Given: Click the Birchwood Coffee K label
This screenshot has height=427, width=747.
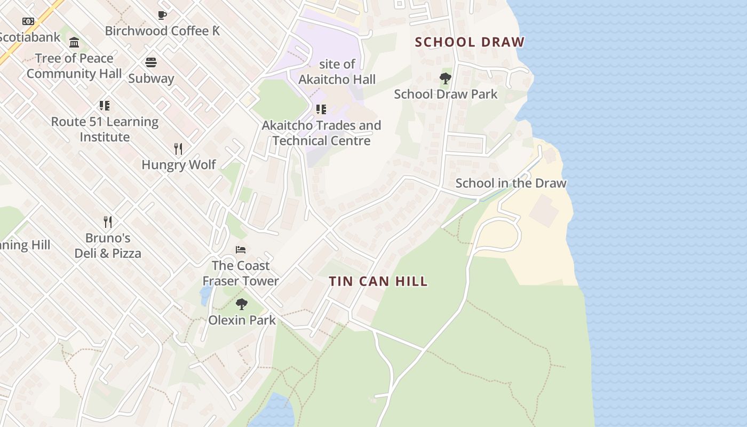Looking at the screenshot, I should point(162,31).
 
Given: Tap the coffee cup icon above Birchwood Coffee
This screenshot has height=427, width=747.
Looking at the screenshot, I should point(162,15).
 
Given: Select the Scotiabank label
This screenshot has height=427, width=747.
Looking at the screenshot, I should point(30,37).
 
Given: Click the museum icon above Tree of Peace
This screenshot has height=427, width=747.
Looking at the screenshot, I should point(74,43).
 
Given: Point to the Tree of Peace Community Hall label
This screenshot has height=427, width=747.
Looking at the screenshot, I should point(74,66).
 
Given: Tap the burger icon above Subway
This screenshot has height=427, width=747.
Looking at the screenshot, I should point(151,62).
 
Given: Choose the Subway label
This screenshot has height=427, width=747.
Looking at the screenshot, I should point(151,78).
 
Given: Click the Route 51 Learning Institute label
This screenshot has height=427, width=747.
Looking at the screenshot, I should point(105,129).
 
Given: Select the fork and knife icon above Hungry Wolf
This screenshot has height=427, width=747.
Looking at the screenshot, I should point(178,149).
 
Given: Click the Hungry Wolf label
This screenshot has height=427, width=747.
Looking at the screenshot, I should point(178,164).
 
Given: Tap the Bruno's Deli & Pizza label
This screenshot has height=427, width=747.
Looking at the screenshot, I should point(108,246).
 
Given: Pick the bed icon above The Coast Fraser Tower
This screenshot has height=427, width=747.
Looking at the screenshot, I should point(241,250).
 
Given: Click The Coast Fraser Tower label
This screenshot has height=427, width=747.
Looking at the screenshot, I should point(241,273).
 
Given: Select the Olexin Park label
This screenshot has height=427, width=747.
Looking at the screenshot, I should point(242,320).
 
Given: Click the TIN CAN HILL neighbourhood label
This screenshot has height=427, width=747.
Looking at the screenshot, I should point(378,281).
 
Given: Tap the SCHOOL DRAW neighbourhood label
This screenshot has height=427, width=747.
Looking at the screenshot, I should point(470,42).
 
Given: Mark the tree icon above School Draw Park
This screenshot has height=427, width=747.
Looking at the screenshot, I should point(446,79).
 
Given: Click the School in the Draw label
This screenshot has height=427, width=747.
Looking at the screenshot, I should point(511,183).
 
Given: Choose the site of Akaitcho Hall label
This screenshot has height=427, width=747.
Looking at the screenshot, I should point(337,72).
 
